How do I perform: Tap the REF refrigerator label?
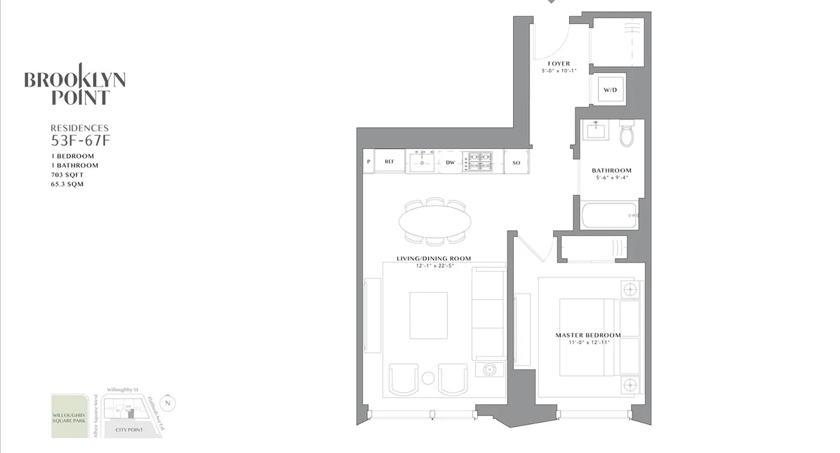[389, 162]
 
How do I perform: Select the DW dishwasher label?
[451, 163]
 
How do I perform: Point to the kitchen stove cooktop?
[477, 161]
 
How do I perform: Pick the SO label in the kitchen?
[516, 163]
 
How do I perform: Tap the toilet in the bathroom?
[627, 135]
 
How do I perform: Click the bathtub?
[610, 216]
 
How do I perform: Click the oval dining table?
[435, 221]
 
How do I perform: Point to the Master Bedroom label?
[588, 335]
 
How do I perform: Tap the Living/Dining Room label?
[434, 259]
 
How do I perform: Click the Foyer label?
[559, 63]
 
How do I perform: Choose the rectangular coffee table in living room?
[428, 315]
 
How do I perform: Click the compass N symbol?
[168, 404]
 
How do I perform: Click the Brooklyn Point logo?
[75, 84]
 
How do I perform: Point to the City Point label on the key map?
[129, 430]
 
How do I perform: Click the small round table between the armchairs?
[428, 378]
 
